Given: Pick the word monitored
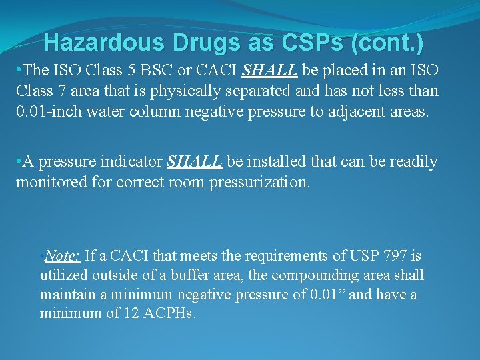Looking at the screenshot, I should coord(52,181).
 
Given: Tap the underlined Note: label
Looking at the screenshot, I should coord(63,256).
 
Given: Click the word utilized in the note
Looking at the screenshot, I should coord(61,275).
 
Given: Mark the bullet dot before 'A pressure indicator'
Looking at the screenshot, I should coord(19,162).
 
